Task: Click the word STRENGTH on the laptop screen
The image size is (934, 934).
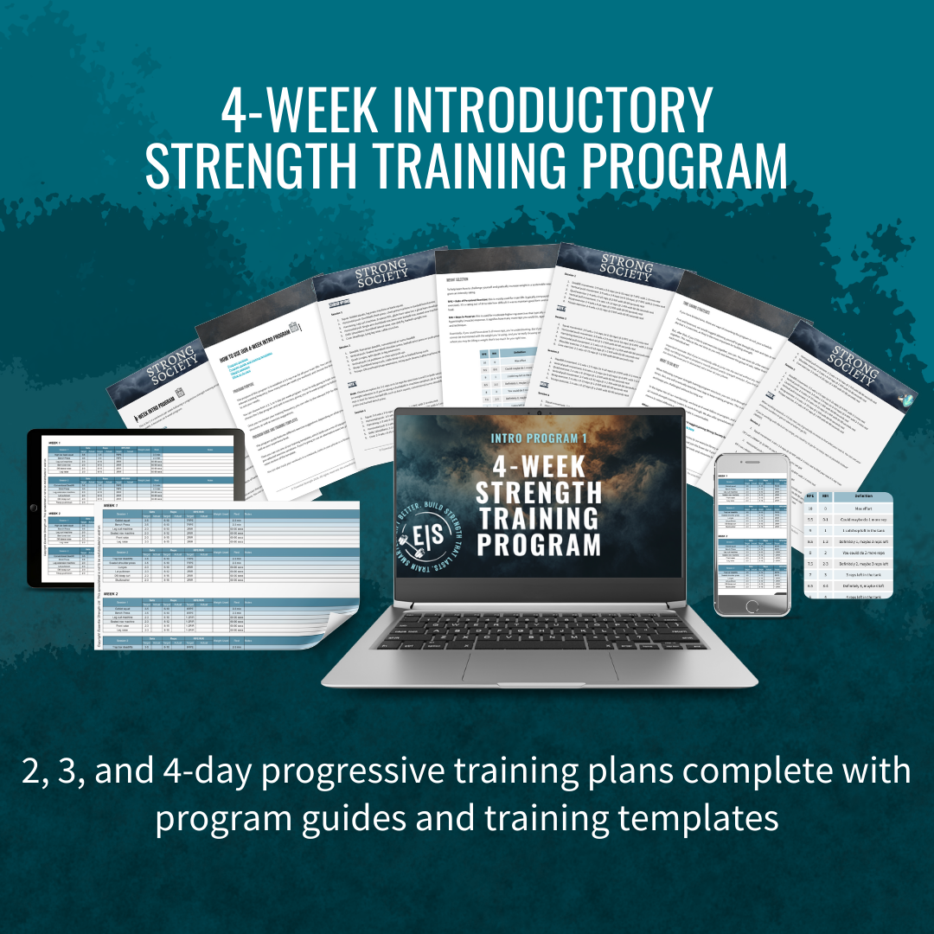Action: point(538,493)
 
